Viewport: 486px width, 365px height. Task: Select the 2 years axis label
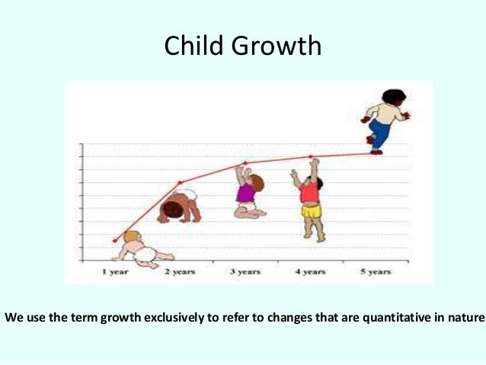click(x=181, y=271)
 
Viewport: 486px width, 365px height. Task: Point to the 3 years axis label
click(x=245, y=271)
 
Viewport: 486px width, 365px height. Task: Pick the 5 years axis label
click(x=376, y=271)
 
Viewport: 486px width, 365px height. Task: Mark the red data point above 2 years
click(x=181, y=183)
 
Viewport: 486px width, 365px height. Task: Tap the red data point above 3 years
click(x=245, y=162)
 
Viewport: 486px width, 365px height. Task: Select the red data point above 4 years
click(x=311, y=157)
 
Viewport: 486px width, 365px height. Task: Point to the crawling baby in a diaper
click(x=180, y=206)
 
